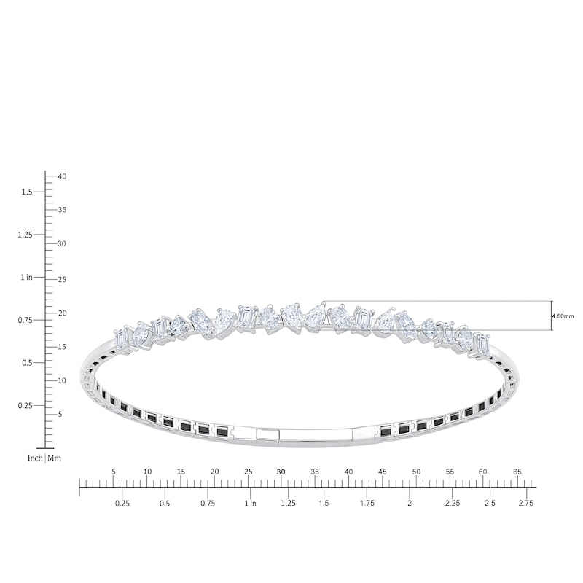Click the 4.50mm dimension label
[563, 316]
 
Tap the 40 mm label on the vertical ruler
[62, 176]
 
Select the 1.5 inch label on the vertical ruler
[27, 192]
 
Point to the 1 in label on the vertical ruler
[26, 278]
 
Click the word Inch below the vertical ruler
[35, 458]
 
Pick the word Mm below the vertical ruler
[54, 458]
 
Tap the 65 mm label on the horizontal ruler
[517, 472]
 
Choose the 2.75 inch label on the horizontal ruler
[525, 503]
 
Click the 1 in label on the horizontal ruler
[250, 503]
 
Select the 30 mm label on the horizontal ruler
[281, 472]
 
